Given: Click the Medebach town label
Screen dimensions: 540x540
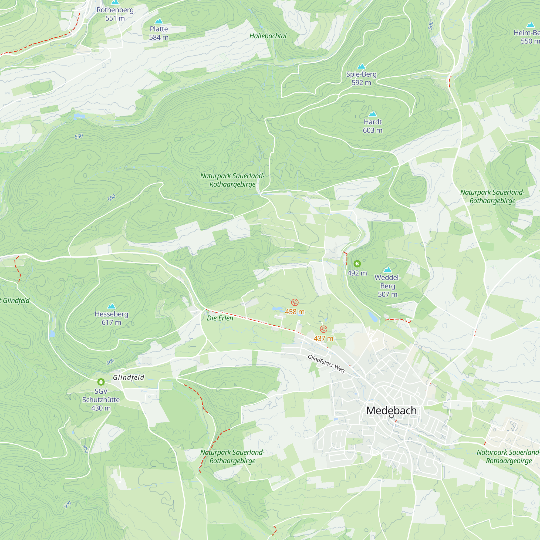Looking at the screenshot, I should tap(391, 411).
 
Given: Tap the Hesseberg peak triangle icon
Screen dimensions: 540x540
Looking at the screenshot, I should tap(112, 306).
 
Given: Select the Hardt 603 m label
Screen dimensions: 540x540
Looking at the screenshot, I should tap(373, 126).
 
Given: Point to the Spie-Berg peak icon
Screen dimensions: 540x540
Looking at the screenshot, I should tap(362, 66).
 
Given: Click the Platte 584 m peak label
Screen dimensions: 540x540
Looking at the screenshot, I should tap(159, 33).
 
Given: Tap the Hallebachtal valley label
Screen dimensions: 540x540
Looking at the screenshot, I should tap(268, 36).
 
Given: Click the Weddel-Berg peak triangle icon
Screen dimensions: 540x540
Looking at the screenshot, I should tap(388, 270).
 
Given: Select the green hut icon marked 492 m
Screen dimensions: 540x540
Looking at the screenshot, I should tap(357, 264).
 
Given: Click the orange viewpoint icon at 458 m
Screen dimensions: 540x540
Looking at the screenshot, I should tap(295, 302).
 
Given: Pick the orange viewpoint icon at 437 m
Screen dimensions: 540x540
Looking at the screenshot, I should tap(323, 329).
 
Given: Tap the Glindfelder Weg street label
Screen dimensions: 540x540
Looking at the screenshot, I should tap(326, 364).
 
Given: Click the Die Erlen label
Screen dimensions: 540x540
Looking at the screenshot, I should tap(220, 318).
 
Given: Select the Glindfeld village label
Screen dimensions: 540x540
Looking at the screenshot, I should tap(129, 378).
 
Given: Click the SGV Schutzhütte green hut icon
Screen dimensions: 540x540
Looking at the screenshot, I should tap(101, 382).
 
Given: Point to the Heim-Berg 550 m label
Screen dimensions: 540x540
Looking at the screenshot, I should tap(526, 37).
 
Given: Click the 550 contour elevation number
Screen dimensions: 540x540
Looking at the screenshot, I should tap(79, 136).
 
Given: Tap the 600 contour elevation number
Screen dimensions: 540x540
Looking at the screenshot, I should tap(112, 198).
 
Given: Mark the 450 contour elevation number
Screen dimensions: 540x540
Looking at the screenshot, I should tap(86, 449).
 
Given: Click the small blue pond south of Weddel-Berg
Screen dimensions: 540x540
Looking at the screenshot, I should tap(373, 317).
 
